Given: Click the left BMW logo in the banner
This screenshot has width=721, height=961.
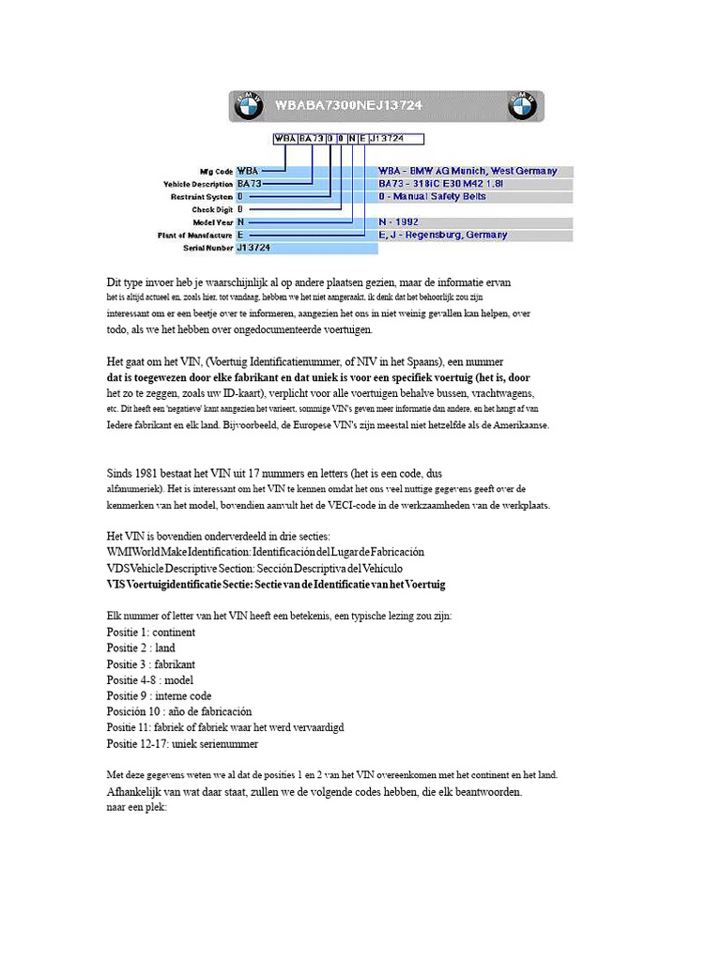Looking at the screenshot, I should tap(248, 107).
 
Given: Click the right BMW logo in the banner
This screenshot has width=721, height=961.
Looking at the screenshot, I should tap(523, 107).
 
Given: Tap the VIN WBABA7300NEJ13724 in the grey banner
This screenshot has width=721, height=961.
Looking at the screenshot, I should tap(348, 106).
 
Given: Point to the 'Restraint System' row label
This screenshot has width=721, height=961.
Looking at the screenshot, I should tap(201, 197).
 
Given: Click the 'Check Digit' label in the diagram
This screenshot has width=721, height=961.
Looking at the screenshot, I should tap(210, 209).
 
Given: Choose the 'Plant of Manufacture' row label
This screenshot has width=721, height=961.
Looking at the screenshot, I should tap(195, 235).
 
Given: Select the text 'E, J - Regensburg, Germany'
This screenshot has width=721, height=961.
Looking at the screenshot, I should tap(443, 235).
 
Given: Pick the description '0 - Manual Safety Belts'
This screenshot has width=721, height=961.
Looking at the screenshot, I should tap(433, 197).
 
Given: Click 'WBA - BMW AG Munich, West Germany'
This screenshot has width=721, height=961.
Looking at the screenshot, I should tap(468, 172).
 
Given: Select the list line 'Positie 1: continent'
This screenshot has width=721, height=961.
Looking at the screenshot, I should tap(151, 633).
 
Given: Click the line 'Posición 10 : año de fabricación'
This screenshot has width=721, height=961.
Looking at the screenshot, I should tap(179, 711).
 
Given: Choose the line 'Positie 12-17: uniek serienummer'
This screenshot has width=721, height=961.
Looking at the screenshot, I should tap(182, 743).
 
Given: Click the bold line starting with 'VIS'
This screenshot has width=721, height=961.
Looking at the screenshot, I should tap(276, 584).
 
